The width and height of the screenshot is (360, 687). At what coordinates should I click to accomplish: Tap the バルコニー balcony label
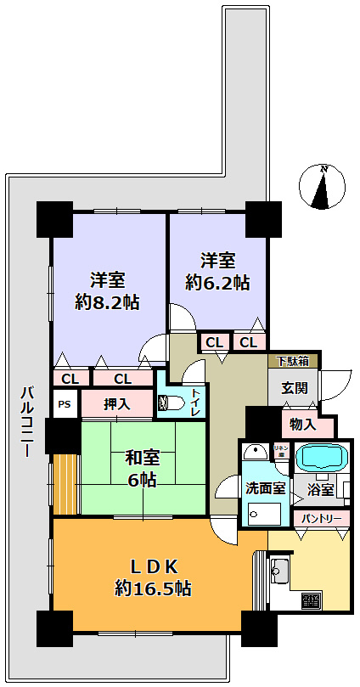click(x=27, y=421)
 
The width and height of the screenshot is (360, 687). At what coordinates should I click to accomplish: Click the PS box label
click(x=65, y=404)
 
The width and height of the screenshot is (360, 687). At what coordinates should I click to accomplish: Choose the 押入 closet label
click(x=117, y=404)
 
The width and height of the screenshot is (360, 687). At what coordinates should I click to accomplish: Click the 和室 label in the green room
click(x=142, y=457)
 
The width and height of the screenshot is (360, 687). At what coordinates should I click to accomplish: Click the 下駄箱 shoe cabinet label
click(x=293, y=361)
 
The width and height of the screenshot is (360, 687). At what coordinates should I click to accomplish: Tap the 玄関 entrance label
click(x=294, y=390)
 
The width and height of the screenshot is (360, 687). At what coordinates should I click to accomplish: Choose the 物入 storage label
click(x=305, y=424)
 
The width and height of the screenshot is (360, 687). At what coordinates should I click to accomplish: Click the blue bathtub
click(x=321, y=456)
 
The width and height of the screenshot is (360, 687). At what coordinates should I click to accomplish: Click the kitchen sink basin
click(x=281, y=571)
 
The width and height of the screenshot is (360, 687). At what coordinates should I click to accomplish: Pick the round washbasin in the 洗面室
click(x=253, y=452)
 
